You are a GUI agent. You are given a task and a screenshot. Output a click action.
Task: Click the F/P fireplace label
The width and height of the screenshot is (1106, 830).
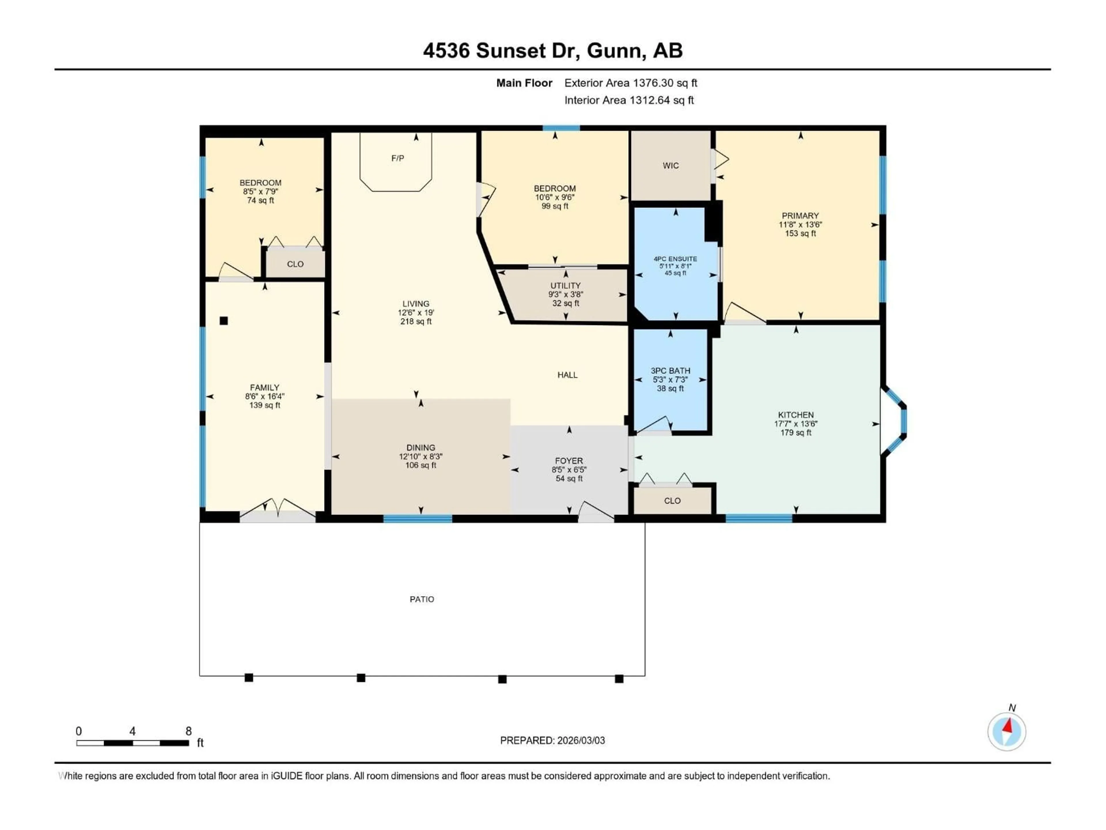(x=397, y=158)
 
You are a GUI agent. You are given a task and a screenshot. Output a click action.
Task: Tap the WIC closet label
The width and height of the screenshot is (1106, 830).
(x=671, y=166)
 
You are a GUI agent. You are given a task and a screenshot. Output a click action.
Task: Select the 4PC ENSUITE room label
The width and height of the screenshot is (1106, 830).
(x=675, y=259)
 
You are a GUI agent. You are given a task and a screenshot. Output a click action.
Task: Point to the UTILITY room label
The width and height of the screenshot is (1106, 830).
(x=565, y=286)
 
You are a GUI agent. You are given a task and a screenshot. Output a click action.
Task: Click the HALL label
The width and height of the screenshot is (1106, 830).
(x=567, y=375)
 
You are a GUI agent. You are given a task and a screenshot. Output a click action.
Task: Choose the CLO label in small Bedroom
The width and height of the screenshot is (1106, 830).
(x=295, y=264)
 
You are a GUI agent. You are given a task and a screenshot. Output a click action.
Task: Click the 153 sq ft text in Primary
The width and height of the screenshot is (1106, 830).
(x=800, y=234)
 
